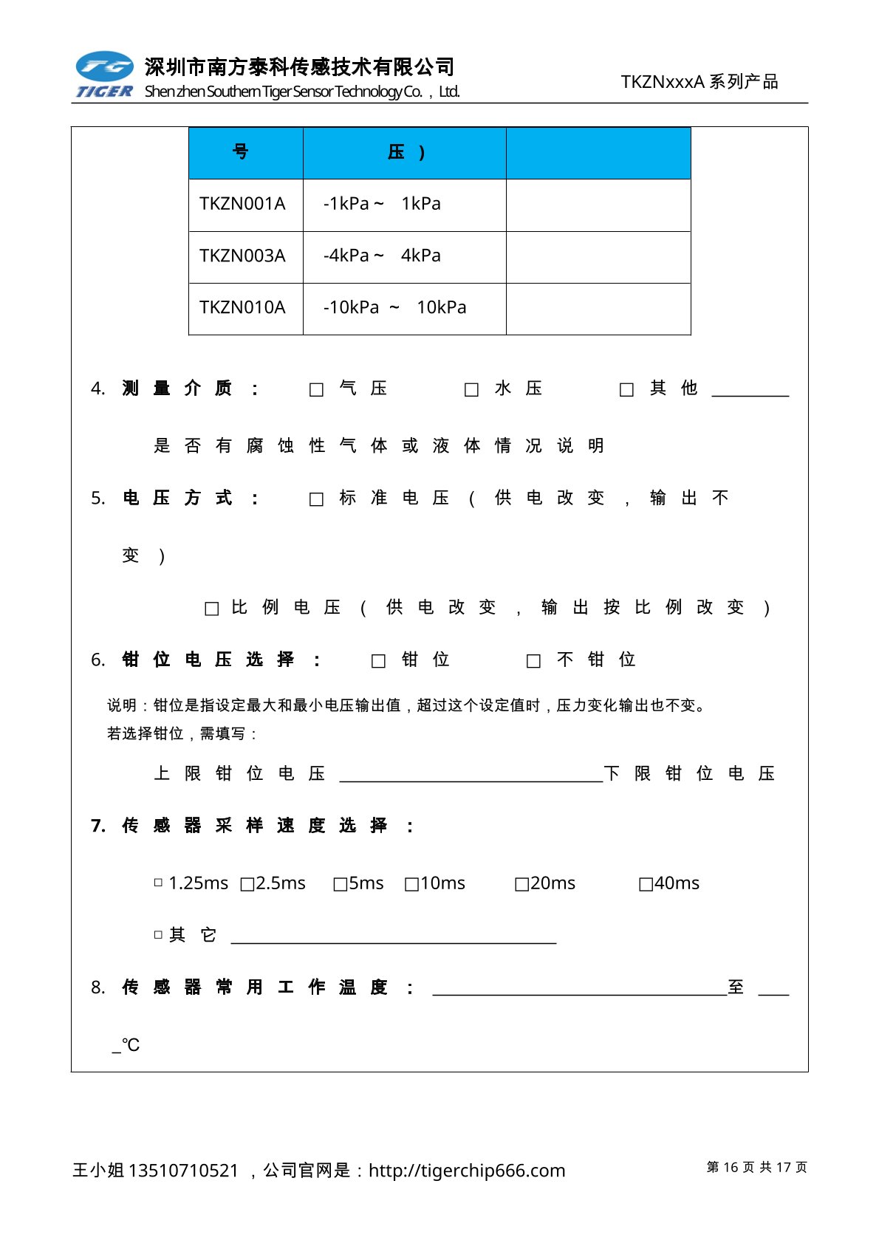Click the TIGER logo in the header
tap(104, 75)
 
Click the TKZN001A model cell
tap(242, 204)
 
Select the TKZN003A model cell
tap(242, 256)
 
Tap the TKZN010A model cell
tap(242, 307)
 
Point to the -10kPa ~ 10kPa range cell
tap(395, 307)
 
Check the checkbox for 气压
tap(316, 390)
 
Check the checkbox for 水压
tap(471, 390)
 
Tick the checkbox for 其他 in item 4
tap(626, 390)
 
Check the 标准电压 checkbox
tap(316, 500)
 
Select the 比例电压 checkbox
tap(211, 609)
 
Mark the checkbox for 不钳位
tap(533, 661)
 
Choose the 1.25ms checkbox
tap(158, 883)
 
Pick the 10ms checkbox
tap(411, 884)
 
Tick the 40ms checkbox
tap(646, 884)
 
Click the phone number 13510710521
tap(183, 1171)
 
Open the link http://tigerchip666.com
tap(467, 1171)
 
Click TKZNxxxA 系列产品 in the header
tap(699, 82)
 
